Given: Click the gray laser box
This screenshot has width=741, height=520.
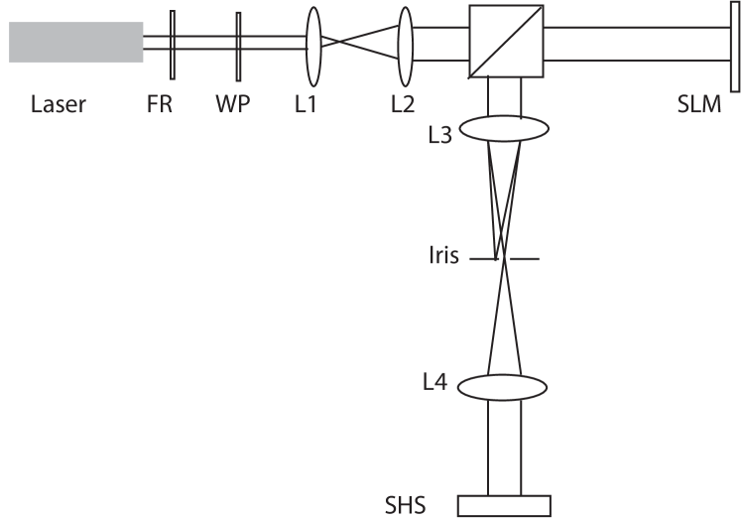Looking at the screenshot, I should [76, 42].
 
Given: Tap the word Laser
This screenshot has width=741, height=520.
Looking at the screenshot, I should [58, 105].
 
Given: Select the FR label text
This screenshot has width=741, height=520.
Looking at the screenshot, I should [160, 105].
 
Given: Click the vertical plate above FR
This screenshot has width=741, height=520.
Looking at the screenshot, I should [173, 45].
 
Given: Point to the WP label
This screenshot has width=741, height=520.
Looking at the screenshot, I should [232, 105].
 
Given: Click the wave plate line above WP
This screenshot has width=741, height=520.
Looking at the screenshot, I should [238, 45].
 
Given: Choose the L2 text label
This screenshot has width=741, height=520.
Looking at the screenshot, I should [402, 105].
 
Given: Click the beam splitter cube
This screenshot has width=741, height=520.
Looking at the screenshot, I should [506, 41].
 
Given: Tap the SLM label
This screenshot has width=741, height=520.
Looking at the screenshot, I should [698, 105].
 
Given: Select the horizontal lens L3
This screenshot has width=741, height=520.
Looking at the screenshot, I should [504, 130].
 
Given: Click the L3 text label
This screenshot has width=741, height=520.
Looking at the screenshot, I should [440, 135].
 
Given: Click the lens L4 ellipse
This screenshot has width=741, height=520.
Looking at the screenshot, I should [504, 385].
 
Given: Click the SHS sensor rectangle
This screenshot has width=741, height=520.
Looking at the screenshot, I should [504, 505].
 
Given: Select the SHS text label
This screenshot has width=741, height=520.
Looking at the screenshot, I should [405, 506].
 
